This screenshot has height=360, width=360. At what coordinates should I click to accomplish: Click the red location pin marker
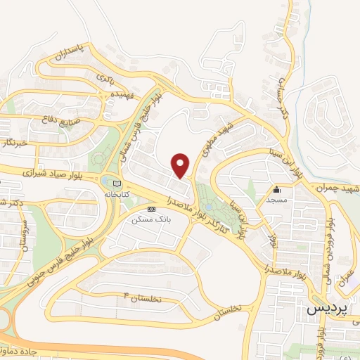[x=181, y=165]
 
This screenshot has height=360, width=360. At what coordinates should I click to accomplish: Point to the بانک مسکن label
[x=151, y=219]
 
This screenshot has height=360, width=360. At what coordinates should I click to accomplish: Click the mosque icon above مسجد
[x=277, y=188]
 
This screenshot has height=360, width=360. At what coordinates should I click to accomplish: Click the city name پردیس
[x=328, y=309]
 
